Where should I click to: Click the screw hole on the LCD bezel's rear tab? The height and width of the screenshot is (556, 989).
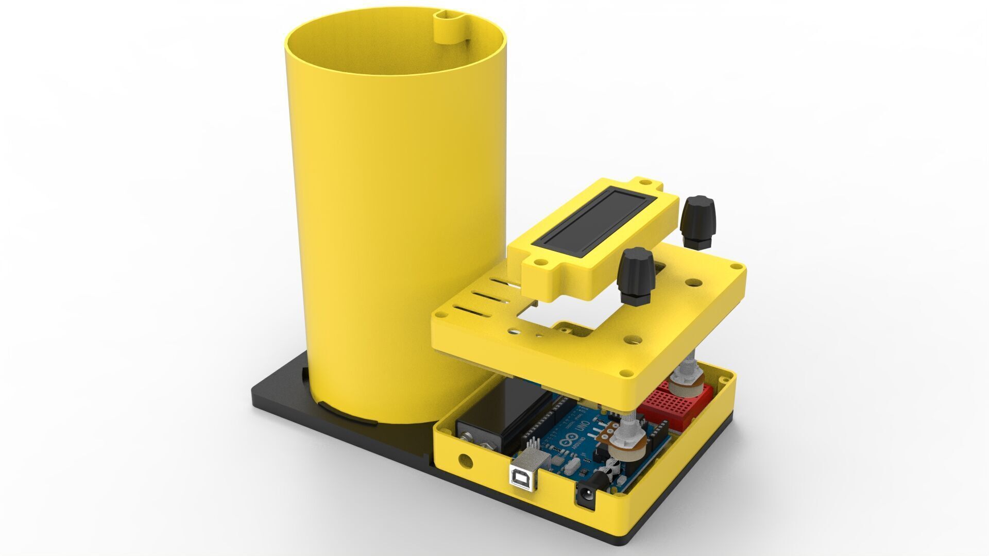[x=644, y=182]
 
